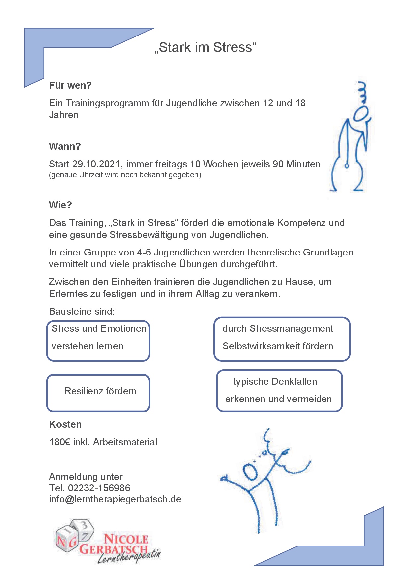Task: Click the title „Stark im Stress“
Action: tap(206, 48)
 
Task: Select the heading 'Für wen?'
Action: tap(70, 85)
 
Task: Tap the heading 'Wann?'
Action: tap(65, 146)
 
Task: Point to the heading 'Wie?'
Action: tap(60, 205)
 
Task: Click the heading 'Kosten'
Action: tap(65, 424)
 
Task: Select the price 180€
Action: tap(60, 442)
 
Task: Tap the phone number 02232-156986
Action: tap(99, 488)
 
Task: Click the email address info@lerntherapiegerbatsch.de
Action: tap(115, 499)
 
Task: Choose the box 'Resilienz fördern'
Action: tap(98, 393)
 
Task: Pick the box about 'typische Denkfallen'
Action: tap(279, 391)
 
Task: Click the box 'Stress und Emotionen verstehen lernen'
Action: tap(98, 340)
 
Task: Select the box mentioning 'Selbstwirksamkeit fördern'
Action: tap(282, 339)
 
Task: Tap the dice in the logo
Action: tap(75, 534)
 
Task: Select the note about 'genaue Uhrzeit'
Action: tap(125, 175)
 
